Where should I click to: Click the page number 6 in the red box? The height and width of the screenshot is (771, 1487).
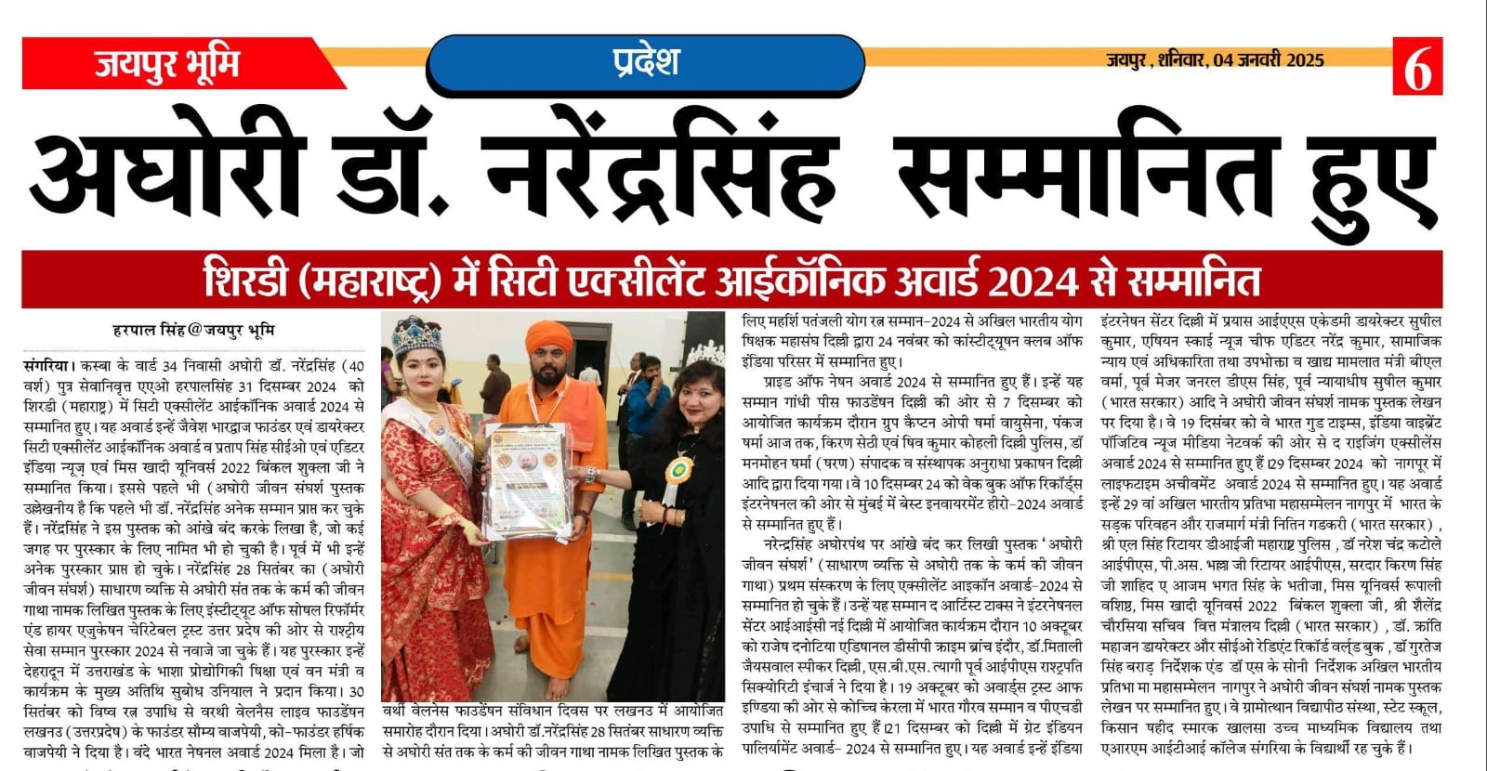(1416, 67)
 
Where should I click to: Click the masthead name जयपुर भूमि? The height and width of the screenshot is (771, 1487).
(166, 64)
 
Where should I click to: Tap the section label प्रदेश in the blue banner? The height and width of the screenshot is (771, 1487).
(645, 61)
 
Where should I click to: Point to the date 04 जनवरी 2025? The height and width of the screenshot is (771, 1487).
(1269, 60)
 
